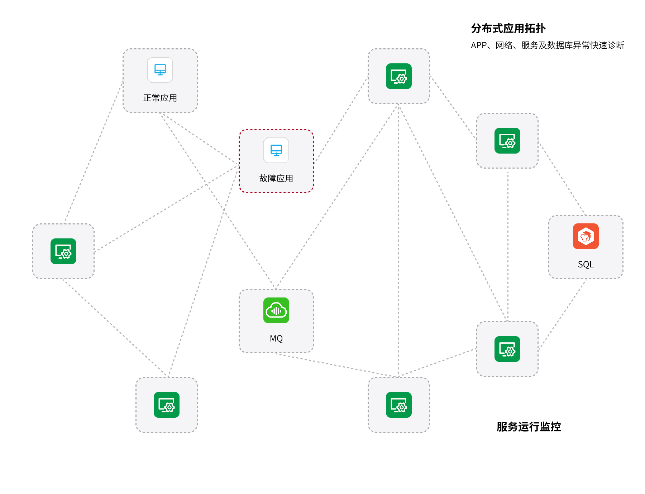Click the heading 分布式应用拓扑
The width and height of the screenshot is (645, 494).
click(508, 28)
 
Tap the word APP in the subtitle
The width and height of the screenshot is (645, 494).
click(478, 45)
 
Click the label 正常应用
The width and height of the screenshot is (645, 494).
click(160, 98)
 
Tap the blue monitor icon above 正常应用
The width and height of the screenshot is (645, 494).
click(160, 70)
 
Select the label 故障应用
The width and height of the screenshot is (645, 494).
click(276, 178)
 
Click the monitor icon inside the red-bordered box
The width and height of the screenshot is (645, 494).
click(276, 150)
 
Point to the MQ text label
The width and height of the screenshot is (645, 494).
click(276, 339)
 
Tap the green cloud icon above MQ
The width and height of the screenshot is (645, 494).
click(276, 310)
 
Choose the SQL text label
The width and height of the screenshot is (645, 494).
click(586, 265)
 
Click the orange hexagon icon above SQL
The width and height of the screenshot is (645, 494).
click(586, 236)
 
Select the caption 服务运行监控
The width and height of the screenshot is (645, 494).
click(529, 427)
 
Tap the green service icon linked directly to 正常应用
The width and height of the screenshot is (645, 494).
click(63, 251)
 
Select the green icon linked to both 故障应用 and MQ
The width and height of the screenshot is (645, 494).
click(399, 76)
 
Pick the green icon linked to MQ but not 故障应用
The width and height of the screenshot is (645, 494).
click(399, 405)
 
